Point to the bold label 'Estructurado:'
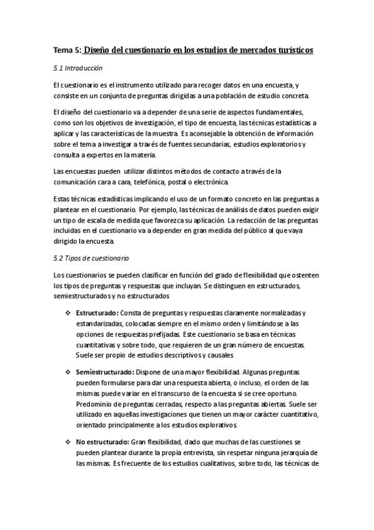pyautogui.click(x=97, y=312)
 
